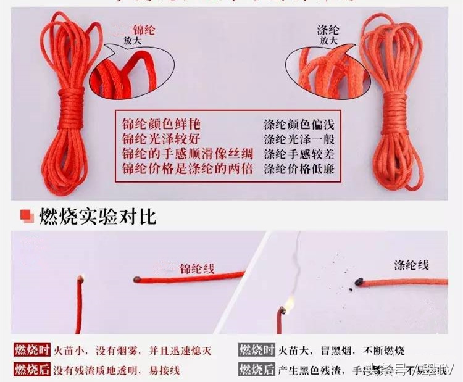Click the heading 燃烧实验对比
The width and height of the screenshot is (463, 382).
(98, 217)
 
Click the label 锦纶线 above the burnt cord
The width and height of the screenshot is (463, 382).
(197, 268)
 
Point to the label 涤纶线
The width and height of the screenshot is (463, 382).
(412, 265)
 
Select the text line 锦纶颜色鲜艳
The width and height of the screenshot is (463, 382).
(161, 124)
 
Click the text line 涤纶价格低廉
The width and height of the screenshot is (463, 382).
(299, 168)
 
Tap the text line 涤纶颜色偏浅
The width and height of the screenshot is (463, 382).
(299, 124)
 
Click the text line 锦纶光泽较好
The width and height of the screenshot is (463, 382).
(161, 139)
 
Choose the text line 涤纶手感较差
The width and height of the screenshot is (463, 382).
(299, 154)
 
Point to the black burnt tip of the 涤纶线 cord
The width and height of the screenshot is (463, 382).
(358, 284)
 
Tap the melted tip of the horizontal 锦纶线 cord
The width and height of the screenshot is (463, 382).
(136, 281)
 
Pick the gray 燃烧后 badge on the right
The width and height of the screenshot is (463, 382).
(256, 369)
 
